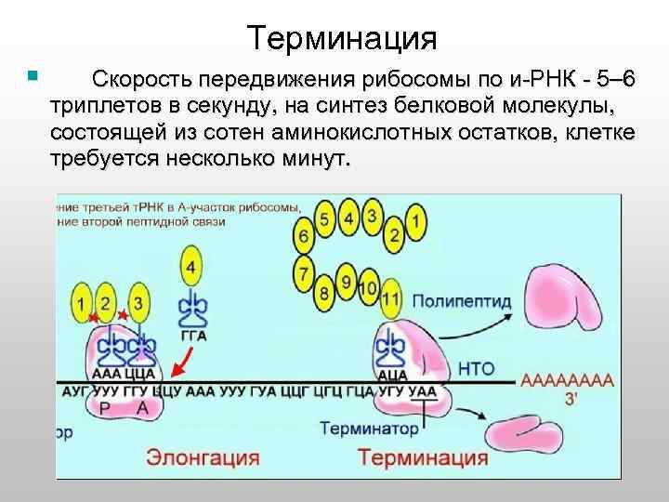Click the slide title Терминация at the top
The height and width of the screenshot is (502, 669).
[x=343, y=38]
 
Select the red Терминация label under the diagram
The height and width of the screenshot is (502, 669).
[x=424, y=457]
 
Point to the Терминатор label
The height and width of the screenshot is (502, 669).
[x=370, y=429]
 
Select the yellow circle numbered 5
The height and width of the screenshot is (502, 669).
[x=323, y=219]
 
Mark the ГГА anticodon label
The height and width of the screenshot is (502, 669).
[x=193, y=336]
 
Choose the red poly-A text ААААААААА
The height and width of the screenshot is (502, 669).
[x=568, y=381]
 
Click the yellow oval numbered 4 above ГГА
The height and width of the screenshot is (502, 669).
[x=191, y=269]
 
